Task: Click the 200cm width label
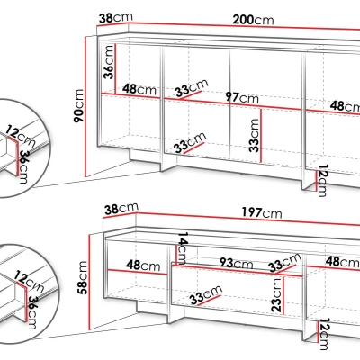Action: (253, 20)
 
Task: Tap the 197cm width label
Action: (262, 213)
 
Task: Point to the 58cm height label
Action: (82, 277)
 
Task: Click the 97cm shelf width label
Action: (242, 97)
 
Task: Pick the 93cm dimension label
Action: (237, 263)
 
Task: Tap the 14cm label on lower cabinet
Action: (183, 248)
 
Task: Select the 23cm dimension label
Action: (276, 295)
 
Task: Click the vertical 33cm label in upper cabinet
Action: (254, 136)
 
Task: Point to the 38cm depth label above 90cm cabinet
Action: (115, 18)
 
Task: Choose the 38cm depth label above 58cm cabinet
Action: (121, 209)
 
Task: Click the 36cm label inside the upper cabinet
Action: (108, 62)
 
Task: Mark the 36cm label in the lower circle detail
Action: (32, 312)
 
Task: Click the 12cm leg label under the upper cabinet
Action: (322, 181)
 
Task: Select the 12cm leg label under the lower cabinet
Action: (324, 334)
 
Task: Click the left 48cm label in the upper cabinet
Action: (139, 89)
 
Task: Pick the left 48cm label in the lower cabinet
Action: (143, 265)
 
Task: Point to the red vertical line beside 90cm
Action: (85, 106)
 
